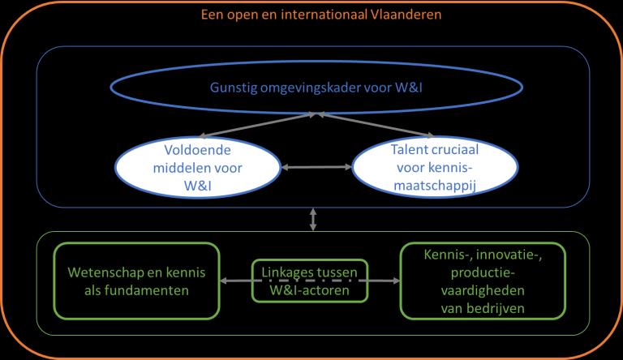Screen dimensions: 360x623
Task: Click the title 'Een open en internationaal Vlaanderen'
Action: (312, 15)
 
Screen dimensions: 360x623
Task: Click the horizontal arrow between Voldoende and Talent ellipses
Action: (311, 168)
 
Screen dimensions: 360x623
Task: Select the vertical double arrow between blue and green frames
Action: (311, 218)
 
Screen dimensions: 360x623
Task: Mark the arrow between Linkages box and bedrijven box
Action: (383, 282)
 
